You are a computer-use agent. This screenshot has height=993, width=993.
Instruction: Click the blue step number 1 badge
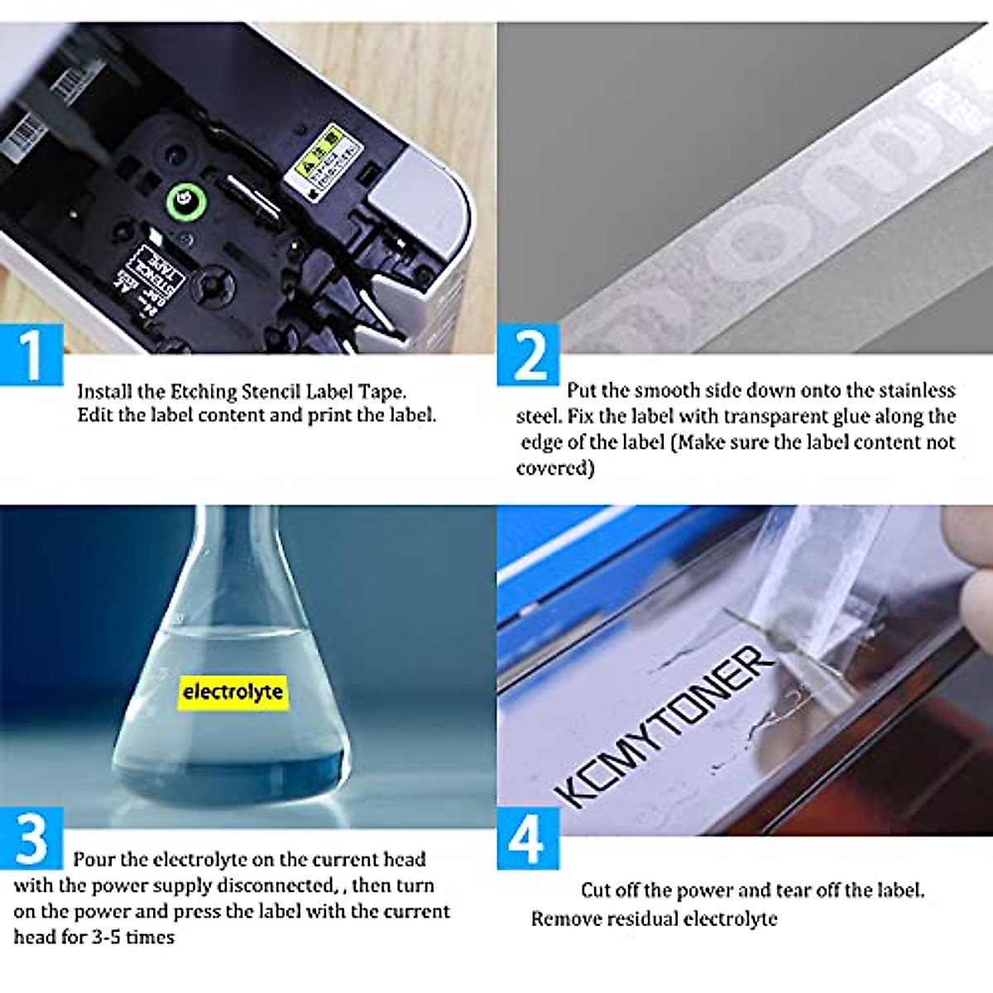coord(31,354)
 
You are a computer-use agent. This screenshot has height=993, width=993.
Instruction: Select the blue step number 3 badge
coord(31,837)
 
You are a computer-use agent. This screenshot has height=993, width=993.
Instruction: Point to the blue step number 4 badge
coord(527,839)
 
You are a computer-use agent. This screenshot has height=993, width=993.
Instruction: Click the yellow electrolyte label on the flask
coord(233,692)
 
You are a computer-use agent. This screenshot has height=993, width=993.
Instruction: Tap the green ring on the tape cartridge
coord(183,200)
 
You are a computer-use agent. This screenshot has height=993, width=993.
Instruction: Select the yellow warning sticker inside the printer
coord(329,161)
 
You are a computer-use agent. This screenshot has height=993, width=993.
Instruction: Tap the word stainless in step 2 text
coord(917,390)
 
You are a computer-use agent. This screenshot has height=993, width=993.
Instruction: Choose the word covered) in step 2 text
coord(555,468)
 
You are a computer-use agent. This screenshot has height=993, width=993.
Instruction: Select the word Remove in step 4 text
coord(562,919)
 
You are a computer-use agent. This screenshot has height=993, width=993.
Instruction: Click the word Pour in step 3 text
coord(91,860)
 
